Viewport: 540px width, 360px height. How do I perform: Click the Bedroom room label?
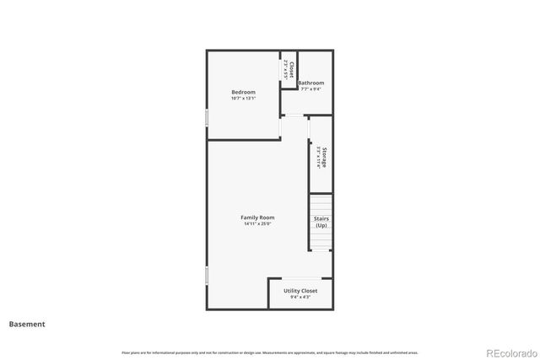pos(243,92)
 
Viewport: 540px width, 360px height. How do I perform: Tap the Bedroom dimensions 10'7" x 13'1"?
pos(243,99)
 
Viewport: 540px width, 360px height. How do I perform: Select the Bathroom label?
pos(310,83)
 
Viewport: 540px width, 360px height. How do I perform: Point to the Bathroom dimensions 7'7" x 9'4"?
pos(310,89)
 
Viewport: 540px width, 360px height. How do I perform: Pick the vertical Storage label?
pos(324,159)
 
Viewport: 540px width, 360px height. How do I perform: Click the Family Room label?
pos(257,218)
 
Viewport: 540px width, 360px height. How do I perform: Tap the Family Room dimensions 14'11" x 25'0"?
pos(257,224)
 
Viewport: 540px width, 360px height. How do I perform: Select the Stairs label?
pos(321,219)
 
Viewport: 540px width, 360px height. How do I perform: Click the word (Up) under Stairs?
pos(321,226)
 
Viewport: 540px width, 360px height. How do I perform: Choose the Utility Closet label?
pos(300,291)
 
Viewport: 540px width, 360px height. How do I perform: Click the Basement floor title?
pos(27,324)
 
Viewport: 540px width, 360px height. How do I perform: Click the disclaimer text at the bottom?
pos(270,352)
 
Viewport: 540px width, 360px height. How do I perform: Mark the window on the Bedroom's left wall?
pos(207,117)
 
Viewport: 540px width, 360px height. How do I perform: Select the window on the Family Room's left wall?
pos(207,276)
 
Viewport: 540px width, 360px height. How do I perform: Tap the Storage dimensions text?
pos(318,159)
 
